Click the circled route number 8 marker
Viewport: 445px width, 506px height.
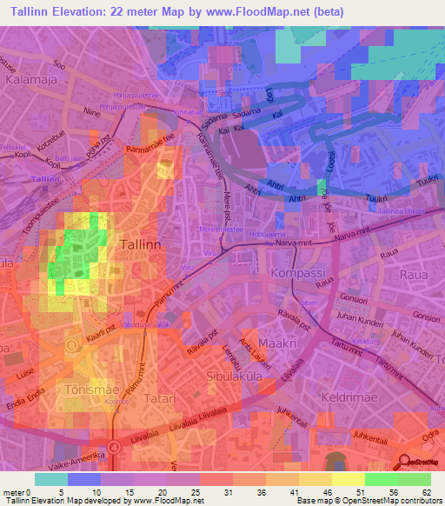point(72,344)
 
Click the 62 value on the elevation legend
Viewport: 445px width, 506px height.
point(426,493)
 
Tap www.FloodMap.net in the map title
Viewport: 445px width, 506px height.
point(267,12)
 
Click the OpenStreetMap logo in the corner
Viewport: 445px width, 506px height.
point(421,464)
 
